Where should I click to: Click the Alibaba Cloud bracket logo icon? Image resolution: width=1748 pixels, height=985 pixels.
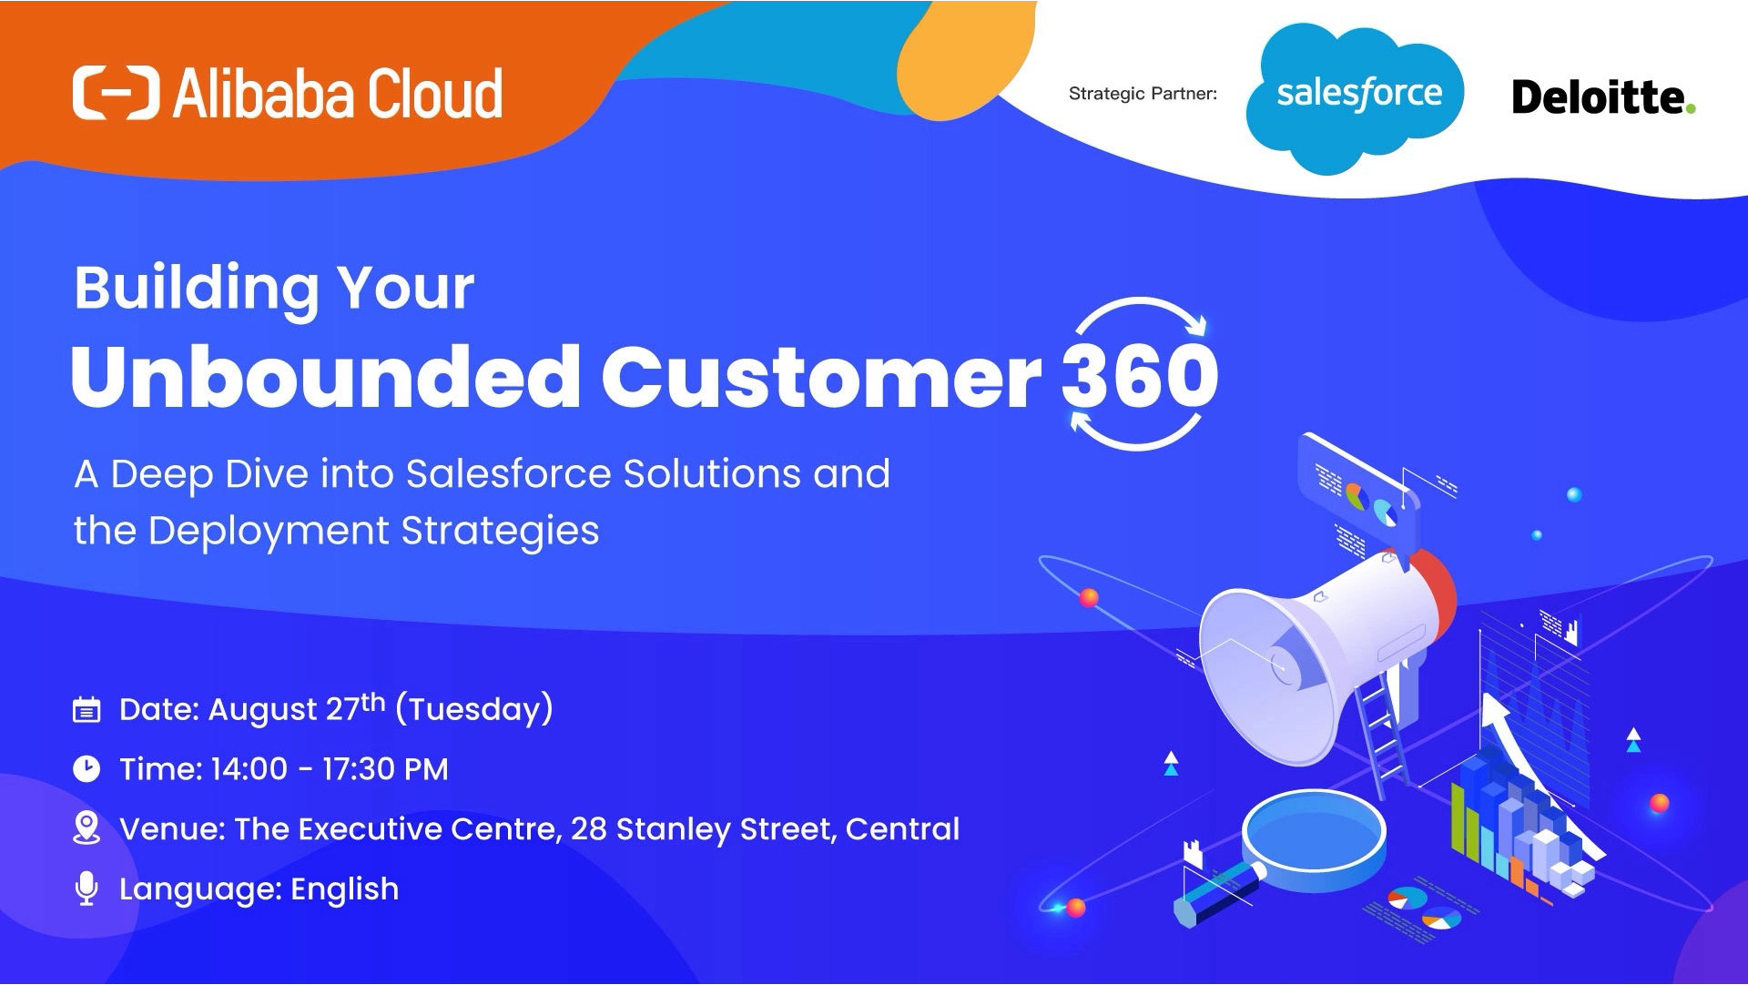116,93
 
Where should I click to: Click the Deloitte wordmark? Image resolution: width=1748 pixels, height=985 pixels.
1597,97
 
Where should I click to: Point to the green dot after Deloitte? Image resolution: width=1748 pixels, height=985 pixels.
1691,109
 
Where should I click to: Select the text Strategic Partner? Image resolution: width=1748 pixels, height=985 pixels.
1142,94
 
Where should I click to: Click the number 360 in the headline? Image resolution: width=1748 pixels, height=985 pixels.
1139,376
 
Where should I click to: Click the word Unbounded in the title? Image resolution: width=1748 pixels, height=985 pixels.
325,376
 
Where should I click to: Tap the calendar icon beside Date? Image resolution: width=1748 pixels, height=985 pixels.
86,710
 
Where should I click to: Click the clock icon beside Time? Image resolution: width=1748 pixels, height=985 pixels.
86,769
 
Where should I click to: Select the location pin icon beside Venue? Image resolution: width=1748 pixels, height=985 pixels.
86,828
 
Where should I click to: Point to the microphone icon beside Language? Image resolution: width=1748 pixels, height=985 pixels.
86,888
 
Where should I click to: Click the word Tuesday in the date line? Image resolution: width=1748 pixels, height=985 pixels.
474,710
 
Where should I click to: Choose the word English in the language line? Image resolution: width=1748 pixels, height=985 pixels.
344,889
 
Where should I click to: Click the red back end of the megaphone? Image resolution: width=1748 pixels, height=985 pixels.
1435,596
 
